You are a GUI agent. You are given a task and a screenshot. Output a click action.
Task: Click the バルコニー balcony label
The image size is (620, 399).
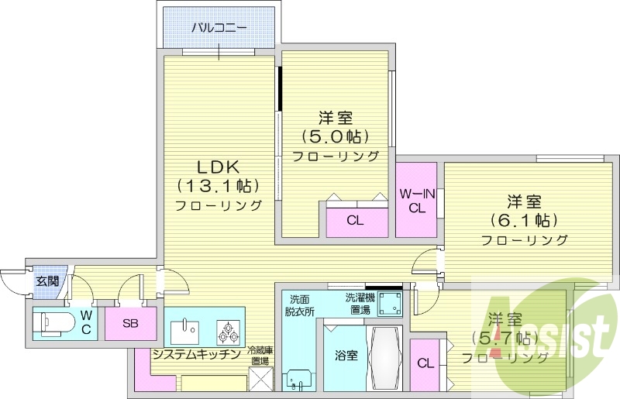[219, 28]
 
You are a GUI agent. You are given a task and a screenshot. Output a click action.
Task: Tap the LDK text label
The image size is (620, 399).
[220, 167]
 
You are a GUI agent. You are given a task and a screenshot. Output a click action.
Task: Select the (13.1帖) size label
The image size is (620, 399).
[218, 187]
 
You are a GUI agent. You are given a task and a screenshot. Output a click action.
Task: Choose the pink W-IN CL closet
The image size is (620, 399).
[417, 200]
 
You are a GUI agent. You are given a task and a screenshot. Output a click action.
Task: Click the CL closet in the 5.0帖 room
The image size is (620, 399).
[355, 220]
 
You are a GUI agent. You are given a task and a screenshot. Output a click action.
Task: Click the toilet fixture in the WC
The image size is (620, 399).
[54, 321]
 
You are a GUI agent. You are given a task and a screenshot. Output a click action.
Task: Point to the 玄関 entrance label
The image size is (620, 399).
[46, 281]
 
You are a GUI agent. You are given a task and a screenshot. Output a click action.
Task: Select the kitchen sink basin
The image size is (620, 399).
[185, 331]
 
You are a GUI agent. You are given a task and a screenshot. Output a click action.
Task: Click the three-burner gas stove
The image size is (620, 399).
[229, 332]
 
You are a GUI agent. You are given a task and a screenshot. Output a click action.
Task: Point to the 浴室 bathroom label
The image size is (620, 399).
[346, 356]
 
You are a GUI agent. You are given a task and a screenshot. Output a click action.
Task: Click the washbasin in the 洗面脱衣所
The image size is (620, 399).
[299, 379]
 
